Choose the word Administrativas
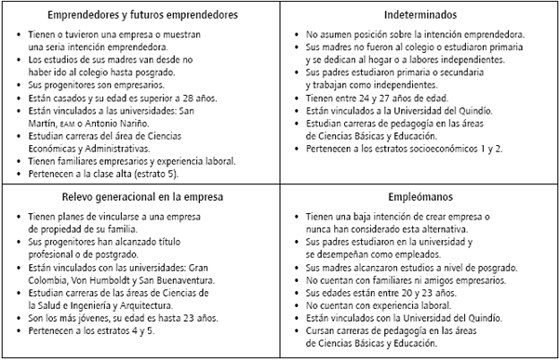tap(120, 148)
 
